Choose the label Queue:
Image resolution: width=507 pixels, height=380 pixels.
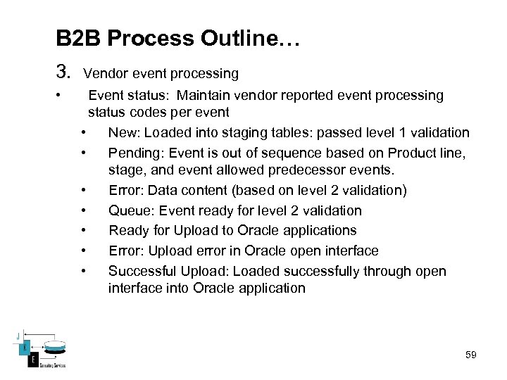tap(129, 210)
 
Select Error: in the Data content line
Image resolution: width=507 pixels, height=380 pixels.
tap(125, 190)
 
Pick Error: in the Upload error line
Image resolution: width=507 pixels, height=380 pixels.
tap(125, 251)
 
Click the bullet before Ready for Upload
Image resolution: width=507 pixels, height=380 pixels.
tap(84, 230)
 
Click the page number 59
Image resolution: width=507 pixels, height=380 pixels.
tap(471, 355)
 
